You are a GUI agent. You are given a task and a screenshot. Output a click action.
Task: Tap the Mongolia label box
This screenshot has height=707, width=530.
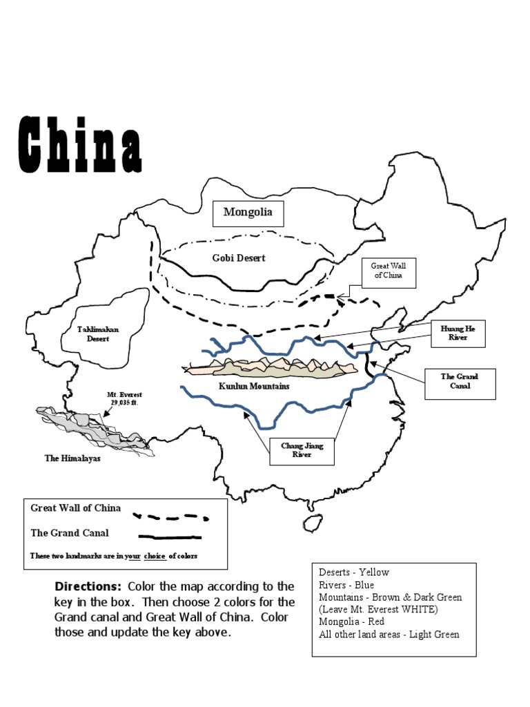tap(248, 212)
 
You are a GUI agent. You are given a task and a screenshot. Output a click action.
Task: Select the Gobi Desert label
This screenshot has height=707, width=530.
tap(239, 258)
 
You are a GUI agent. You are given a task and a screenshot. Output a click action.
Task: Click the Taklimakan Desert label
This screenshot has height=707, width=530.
tap(98, 333)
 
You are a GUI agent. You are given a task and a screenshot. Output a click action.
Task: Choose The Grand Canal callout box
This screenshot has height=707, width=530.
tap(460, 381)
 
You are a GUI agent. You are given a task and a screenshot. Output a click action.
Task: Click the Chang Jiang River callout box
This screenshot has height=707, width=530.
tap(297, 451)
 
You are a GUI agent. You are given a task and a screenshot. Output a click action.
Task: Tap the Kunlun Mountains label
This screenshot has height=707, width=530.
tap(254, 386)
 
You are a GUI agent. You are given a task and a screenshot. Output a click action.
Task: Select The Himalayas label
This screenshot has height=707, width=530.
tap(73, 458)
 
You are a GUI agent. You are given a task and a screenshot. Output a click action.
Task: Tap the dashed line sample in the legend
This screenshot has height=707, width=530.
tap(170, 516)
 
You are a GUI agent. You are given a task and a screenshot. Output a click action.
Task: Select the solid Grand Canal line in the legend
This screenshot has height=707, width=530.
tap(170, 536)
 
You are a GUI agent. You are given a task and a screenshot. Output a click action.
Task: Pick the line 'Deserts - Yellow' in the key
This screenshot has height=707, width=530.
tap(354, 572)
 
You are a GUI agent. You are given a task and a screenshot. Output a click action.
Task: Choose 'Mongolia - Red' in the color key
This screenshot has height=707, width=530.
tap(353, 622)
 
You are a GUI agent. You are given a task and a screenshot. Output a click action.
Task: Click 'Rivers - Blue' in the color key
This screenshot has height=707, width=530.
tap(346, 585)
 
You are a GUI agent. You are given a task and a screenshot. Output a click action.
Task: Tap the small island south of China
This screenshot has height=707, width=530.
tap(313, 523)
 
